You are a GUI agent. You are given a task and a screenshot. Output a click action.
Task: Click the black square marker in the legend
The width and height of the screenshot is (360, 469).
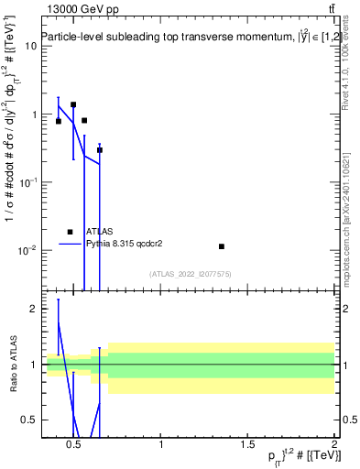tap(71, 232)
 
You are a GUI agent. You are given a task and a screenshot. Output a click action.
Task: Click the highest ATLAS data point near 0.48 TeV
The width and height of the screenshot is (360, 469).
tap(73, 105)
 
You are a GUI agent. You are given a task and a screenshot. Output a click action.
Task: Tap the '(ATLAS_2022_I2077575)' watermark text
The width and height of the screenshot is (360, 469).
tap(190, 274)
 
